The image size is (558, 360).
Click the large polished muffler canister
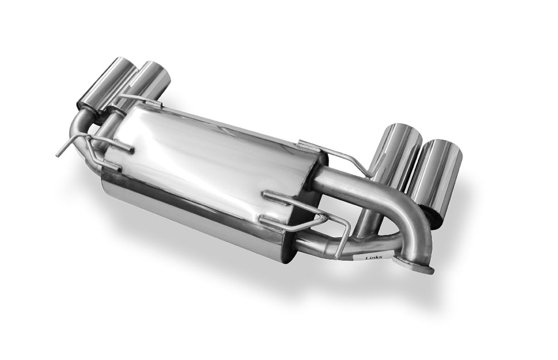click(x=210, y=178)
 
